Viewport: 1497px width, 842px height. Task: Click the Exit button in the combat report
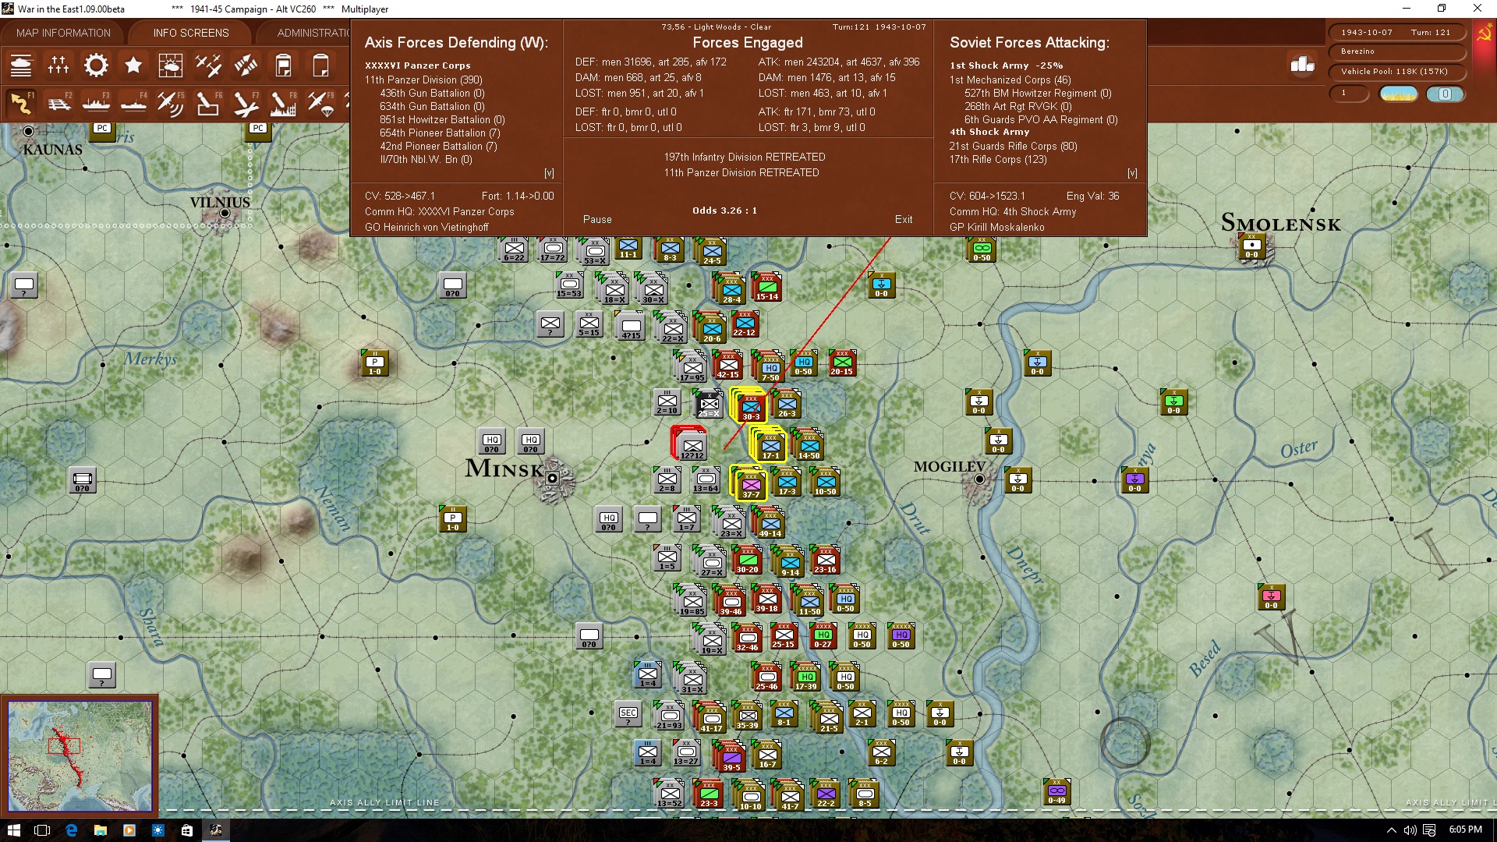tap(903, 219)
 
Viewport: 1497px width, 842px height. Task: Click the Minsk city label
tap(504, 469)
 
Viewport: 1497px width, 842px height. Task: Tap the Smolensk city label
tap(1280, 224)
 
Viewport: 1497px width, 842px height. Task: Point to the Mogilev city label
tap(950, 466)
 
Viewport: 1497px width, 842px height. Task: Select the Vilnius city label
tap(220, 202)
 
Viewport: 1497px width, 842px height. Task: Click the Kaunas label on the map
tap(52, 149)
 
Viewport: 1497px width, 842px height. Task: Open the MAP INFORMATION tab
tap(63, 33)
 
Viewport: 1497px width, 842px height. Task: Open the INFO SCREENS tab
tap(191, 33)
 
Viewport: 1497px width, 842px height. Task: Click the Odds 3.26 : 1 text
tap(724, 210)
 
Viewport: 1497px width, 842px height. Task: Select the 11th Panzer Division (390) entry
tap(423, 80)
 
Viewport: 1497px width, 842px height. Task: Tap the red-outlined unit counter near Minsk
tap(690, 444)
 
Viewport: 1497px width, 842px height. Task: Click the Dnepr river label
tap(1025, 564)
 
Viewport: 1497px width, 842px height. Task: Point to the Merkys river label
tap(150, 359)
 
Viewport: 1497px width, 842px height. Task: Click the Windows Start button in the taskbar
tap(13, 830)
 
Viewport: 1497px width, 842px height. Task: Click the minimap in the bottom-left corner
tap(80, 755)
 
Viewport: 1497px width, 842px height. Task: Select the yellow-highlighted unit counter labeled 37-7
tap(750, 483)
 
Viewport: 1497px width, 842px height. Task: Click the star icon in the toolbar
tap(133, 65)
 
